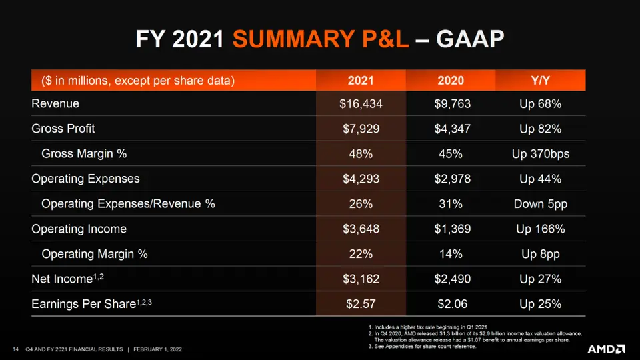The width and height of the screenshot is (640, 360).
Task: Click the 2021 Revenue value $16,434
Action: pos(361,104)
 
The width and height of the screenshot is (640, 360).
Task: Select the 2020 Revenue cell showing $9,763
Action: pos(451,104)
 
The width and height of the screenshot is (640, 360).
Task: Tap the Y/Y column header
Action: pos(540,81)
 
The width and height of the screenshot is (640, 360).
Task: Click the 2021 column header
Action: pos(361,81)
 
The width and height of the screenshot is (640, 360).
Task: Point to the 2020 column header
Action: pos(451,81)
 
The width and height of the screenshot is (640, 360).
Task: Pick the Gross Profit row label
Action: pos(63,129)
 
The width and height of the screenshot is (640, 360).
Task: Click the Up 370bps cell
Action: pos(540,154)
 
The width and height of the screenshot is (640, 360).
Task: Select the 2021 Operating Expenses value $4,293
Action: pos(361,179)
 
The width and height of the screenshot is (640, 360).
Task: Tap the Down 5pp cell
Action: pos(540,204)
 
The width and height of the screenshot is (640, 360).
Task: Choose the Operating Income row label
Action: pos(79,229)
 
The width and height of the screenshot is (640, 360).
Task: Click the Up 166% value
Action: pos(540,229)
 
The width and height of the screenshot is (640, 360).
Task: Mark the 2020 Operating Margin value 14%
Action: pos(451,254)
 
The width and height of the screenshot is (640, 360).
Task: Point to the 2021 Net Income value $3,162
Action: pos(361,279)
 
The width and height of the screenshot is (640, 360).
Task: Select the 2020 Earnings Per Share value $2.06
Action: pos(451,304)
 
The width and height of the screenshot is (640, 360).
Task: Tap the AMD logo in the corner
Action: pos(606,349)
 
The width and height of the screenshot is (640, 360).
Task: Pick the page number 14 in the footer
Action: pos(15,349)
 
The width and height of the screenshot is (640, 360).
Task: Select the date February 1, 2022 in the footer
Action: pos(157,349)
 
